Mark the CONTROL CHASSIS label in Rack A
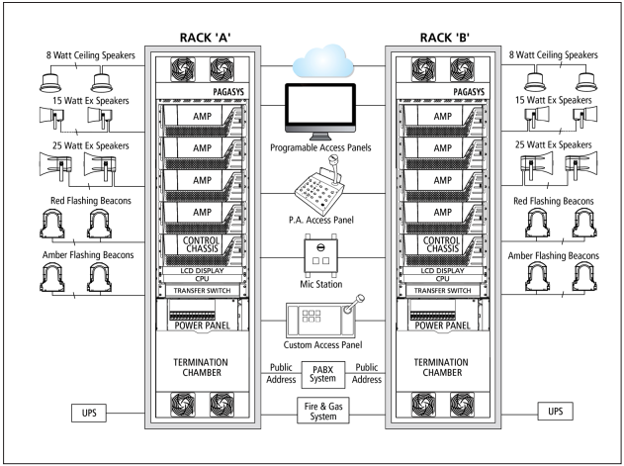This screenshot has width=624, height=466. (x=200, y=245)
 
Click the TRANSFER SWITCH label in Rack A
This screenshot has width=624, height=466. (x=200, y=291)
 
